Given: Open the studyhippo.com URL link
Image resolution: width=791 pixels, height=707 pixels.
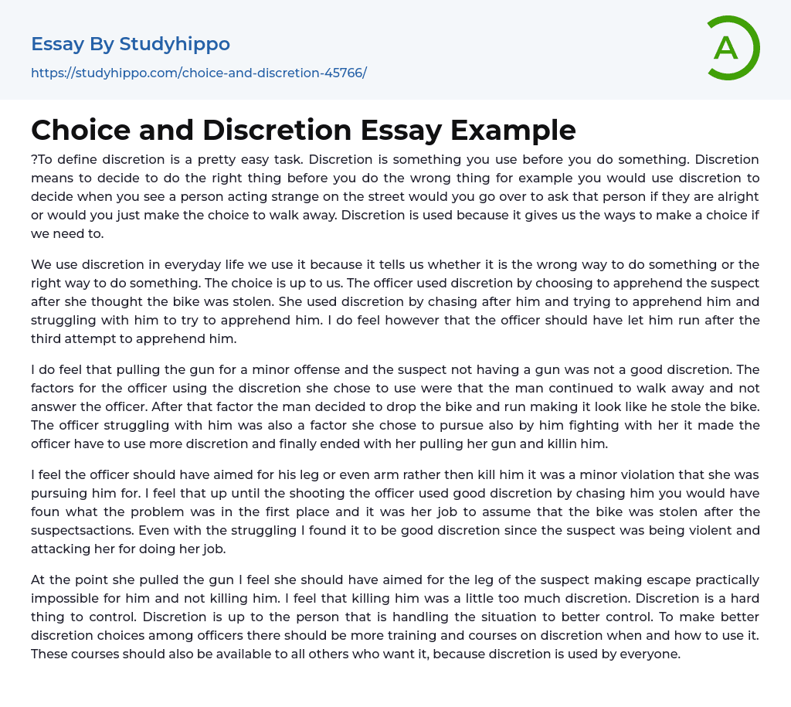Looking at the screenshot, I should click(x=199, y=73).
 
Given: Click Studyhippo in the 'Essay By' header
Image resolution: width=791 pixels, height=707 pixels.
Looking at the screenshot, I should click(x=175, y=44).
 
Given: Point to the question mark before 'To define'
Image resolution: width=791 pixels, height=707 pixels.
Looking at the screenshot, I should click(x=34, y=160).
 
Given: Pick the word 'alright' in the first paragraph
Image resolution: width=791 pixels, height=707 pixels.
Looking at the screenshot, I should click(x=736, y=197).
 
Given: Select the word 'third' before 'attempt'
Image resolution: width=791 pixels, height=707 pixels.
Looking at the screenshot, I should click(x=47, y=339).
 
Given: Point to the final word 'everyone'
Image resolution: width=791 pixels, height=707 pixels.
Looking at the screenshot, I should click(x=650, y=654).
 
